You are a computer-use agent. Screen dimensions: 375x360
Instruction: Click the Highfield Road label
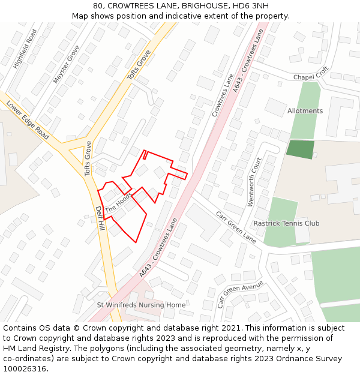tap(25, 47)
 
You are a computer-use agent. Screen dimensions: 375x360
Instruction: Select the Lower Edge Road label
tap(28, 119)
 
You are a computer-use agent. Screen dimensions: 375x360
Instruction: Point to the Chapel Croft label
tap(311, 73)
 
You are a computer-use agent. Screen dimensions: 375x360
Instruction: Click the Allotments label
tap(305, 111)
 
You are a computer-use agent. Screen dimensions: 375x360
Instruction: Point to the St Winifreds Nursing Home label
tap(142, 305)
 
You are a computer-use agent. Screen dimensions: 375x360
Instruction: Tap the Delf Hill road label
tap(100, 219)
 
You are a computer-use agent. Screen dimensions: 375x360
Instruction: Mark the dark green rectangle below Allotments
tap(300, 149)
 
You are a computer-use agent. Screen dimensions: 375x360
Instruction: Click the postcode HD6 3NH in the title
tap(251, 5)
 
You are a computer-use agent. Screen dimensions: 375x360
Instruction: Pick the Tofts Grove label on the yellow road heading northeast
tap(139, 65)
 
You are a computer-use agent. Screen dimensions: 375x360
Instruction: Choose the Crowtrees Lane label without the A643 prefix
tap(222, 95)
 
